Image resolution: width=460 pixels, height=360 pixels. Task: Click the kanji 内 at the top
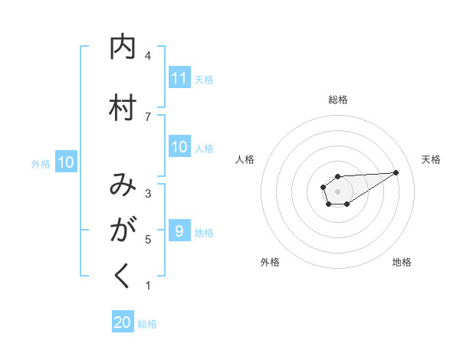[123, 47]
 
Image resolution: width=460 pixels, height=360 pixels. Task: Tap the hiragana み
[123, 185]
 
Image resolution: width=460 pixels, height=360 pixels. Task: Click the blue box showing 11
[179, 78]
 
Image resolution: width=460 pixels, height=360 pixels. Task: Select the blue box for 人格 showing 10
[179, 148]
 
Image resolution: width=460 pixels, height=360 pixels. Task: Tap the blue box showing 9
[179, 231]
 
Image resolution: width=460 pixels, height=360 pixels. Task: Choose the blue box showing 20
[123, 322]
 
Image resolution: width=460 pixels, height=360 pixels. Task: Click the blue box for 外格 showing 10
[65, 162]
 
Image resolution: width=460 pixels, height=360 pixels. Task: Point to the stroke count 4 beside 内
[148, 56]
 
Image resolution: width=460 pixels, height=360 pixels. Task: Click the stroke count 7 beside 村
[148, 116]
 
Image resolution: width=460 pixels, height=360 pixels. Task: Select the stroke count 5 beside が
[148, 240]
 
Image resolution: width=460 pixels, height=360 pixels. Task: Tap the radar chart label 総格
[338, 100]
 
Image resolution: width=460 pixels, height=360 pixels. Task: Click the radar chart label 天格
[431, 159]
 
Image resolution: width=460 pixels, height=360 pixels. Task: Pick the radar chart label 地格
[402, 262]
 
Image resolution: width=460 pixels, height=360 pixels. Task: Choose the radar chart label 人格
[245, 159]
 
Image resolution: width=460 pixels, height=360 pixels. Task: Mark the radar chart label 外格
[270, 262]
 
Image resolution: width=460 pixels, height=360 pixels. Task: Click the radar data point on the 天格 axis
[396, 172]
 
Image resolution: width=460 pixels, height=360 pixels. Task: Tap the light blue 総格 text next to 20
[147, 323]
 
